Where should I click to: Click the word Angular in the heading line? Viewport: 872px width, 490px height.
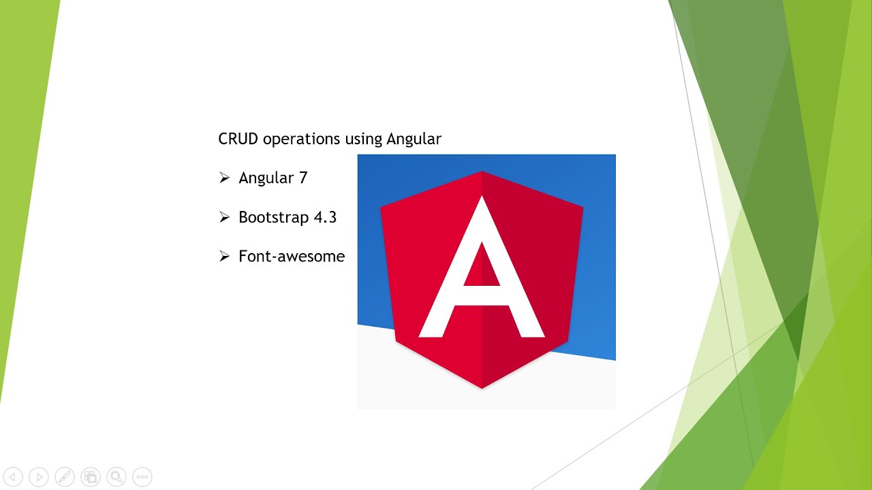click(414, 139)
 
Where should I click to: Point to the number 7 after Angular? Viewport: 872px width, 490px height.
click(303, 178)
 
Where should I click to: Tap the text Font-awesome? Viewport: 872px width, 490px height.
click(292, 257)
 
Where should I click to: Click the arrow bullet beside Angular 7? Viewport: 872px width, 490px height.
click(224, 178)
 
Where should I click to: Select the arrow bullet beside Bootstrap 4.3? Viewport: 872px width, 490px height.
click(224, 218)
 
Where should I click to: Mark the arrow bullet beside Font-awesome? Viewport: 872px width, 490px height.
click(224, 257)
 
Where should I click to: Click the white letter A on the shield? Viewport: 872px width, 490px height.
click(482, 272)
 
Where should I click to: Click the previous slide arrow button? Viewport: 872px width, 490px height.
click(14, 477)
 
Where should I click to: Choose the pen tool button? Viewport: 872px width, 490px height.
click(65, 477)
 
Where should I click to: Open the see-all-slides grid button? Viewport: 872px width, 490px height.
click(91, 477)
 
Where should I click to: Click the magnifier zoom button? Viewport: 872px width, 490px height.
click(116, 477)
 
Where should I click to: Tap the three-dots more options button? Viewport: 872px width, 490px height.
click(142, 477)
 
